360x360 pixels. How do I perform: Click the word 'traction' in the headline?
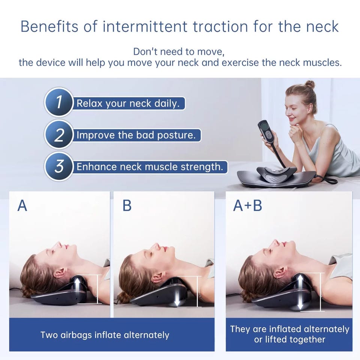[x=220, y=26]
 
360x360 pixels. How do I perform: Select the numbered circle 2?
[x=59, y=134]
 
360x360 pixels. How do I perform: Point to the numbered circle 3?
[x=59, y=166]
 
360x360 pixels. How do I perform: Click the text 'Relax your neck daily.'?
[x=127, y=103]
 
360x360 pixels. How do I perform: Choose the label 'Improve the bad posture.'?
[x=136, y=135]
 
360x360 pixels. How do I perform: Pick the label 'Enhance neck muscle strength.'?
[x=150, y=167]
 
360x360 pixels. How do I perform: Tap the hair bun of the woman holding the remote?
[x=310, y=84]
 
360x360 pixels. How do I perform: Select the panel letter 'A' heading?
[x=22, y=205]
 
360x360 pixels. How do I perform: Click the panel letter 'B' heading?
[x=127, y=205]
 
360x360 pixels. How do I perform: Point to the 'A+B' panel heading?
[x=247, y=205]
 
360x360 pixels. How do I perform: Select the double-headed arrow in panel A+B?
[x=300, y=293]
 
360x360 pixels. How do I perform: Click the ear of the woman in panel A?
[x=60, y=273]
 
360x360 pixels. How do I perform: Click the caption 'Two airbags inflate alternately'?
[x=105, y=335]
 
